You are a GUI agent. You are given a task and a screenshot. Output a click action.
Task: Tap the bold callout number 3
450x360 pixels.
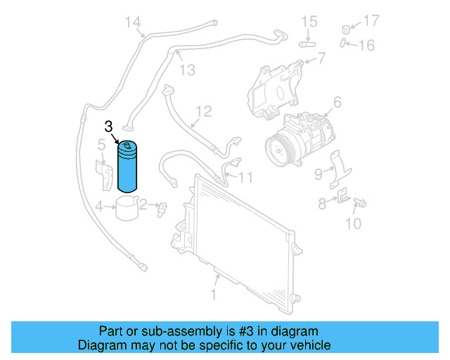(x=108, y=127)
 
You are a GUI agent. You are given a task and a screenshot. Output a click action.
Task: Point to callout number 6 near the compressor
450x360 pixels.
(x=337, y=103)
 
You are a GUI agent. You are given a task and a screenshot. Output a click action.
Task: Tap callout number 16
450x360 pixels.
(x=367, y=46)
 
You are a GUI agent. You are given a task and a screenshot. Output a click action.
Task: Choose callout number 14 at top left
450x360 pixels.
(x=133, y=22)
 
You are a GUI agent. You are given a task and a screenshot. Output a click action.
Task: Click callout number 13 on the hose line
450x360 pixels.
(x=187, y=70)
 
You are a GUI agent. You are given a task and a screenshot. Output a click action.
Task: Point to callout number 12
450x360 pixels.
(x=203, y=111)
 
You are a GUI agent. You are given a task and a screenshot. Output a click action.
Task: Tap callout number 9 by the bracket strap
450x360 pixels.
(x=318, y=173)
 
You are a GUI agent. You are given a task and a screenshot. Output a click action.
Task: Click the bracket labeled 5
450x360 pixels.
(x=105, y=174)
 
